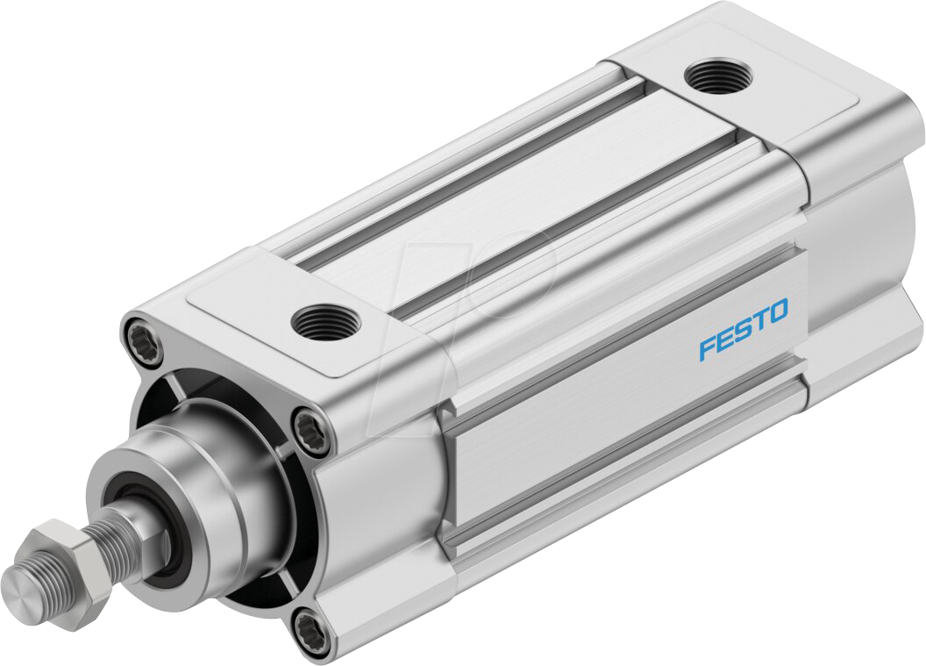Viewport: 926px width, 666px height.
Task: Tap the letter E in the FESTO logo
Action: pos(725,340)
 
